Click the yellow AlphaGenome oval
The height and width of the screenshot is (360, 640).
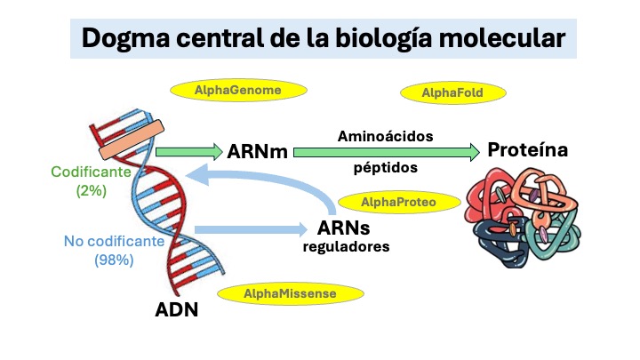pos(238,90)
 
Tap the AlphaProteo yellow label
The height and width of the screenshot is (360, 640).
pos(399,202)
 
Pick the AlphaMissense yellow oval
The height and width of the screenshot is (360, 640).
pos(291,293)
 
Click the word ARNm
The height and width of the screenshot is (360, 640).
pos(258,151)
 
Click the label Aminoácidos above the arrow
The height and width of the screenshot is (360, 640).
pos(385,136)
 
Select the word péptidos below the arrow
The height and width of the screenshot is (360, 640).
pos(384,166)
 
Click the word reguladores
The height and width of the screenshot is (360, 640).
pos(345,247)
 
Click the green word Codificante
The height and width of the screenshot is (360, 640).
pos(91,172)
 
